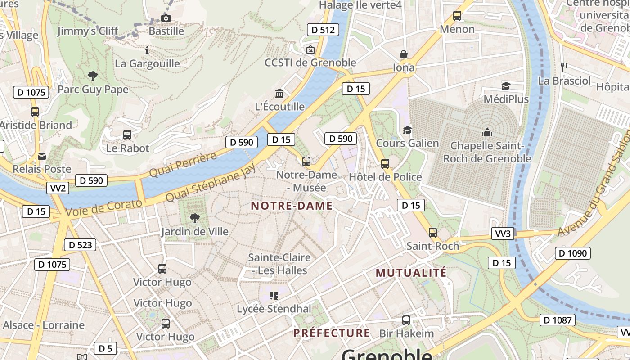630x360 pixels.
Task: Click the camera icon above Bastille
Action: pyautogui.click(x=166, y=18)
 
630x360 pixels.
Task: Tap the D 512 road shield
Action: pyautogui.click(x=323, y=30)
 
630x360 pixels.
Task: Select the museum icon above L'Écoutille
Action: pyautogui.click(x=279, y=93)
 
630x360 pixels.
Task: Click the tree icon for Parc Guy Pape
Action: pyautogui.click(x=93, y=76)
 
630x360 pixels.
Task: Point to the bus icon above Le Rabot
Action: pyautogui.click(x=127, y=135)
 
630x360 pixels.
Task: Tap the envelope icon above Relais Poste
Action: pyautogui.click(x=42, y=156)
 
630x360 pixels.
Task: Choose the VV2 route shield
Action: pyautogui.click(x=58, y=188)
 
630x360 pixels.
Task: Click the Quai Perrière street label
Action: pyautogui.click(x=183, y=165)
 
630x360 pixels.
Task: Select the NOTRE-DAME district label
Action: pyautogui.click(x=292, y=206)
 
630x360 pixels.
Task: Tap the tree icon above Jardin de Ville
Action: pyautogui.click(x=195, y=218)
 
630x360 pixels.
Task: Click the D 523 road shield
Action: pyautogui.click(x=81, y=245)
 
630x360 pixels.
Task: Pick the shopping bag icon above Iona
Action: pyautogui.click(x=404, y=54)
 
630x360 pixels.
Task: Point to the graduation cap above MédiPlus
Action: pyautogui.click(x=506, y=86)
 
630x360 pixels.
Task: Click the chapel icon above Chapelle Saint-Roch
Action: pyautogui.click(x=487, y=132)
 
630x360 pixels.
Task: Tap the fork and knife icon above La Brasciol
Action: pyautogui.click(x=564, y=67)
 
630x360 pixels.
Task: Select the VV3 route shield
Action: pyautogui.click(x=503, y=234)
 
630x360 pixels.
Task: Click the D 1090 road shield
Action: pyautogui.click(x=572, y=253)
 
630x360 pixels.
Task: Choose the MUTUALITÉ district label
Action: pyautogui.click(x=411, y=273)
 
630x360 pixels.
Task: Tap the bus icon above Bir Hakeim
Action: pyautogui.click(x=406, y=320)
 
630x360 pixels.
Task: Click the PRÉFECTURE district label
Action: pyautogui.click(x=332, y=333)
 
